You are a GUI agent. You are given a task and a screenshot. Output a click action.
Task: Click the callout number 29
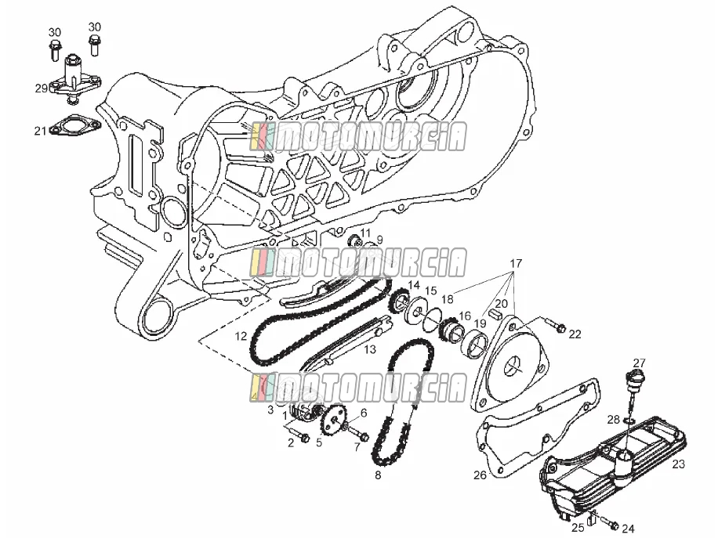pyautogui.click(x=42, y=88)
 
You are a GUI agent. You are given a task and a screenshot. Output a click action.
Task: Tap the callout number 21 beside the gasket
pyautogui.click(x=40, y=132)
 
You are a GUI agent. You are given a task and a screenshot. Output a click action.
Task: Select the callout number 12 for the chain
pyautogui.click(x=241, y=337)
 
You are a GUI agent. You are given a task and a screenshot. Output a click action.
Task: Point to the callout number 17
pyautogui.click(x=516, y=263)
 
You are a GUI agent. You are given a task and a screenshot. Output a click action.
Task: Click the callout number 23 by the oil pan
pyautogui.click(x=678, y=464)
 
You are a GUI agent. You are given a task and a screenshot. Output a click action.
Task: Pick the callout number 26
pyautogui.click(x=480, y=475)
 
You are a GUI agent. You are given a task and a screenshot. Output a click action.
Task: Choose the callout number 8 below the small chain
pyautogui.click(x=378, y=475)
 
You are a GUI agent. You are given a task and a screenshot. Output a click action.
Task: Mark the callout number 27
pyautogui.click(x=640, y=363)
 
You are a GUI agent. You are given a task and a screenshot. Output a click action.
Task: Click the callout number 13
pyautogui.click(x=370, y=349)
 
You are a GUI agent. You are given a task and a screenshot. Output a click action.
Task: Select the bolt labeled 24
pyautogui.click(x=610, y=522)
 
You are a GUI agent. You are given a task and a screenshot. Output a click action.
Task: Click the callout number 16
pyautogui.click(x=464, y=316)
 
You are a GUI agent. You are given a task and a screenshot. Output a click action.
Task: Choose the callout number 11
pyautogui.click(x=365, y=233)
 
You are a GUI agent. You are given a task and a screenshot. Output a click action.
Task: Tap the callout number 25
pyautogui.click(x=578, y=528)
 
